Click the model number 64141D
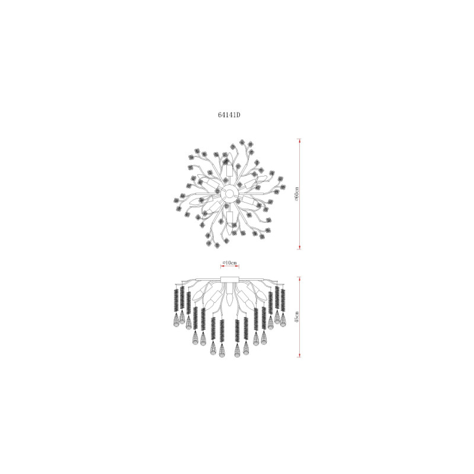229,115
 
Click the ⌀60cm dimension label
297,194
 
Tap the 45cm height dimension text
297,316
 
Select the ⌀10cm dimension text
229,262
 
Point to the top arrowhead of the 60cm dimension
299,140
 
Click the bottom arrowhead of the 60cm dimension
299,248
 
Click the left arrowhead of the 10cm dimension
222,266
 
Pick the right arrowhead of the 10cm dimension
238,266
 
